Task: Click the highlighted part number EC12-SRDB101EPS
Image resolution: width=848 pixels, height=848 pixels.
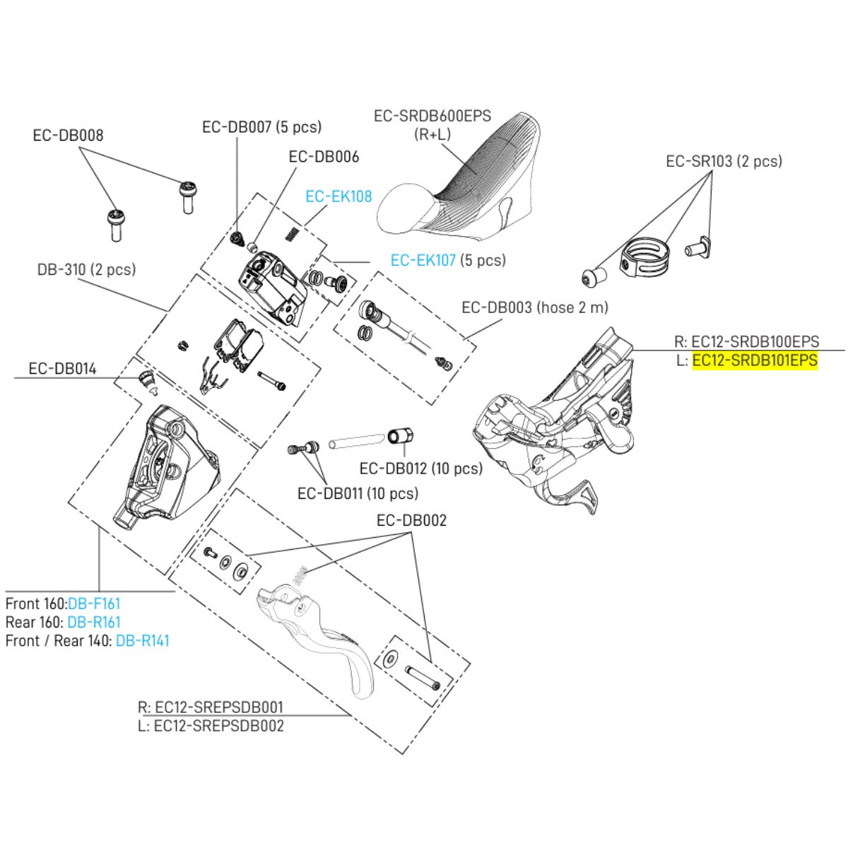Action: click(x=754, y=360)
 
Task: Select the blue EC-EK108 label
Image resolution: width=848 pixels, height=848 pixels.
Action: click(x=338, y=196)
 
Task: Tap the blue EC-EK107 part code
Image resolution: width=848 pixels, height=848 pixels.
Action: click(x=423, y=260)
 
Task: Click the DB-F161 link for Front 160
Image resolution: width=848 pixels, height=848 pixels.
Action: click(x=94, y=603)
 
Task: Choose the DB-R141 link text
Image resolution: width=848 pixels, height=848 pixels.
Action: click(x=142, y=641)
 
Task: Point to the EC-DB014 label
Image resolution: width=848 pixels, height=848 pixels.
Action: click(x=62, y=368)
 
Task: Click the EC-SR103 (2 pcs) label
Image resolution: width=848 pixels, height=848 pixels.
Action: click(x=724, y=161)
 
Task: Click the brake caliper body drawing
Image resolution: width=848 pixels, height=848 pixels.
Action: click(x=163, y=466)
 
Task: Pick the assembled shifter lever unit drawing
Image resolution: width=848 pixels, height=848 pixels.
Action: click(x=558, y=417)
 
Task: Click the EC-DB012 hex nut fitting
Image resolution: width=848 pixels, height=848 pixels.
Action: click(x=401, y=436)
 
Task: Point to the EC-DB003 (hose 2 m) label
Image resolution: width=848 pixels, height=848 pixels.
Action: click(x=534, y=307)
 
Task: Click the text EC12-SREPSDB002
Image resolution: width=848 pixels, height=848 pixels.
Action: click(x=218, y=726)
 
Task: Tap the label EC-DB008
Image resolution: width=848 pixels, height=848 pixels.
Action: click(x=68, y=135)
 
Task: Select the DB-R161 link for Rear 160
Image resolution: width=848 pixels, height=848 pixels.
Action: click(x=93, y=623)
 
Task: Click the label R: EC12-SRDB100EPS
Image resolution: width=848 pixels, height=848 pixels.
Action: click(x=747, y=341)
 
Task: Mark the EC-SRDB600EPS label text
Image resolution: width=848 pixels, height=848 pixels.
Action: click(x=432, y=116)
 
